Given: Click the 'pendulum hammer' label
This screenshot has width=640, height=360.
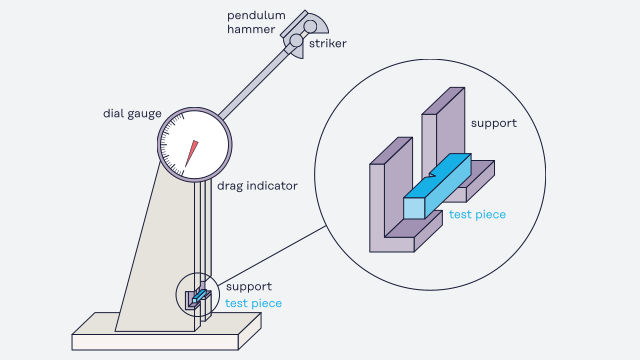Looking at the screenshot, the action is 256,22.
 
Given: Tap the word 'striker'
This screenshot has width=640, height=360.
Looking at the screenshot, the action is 327,44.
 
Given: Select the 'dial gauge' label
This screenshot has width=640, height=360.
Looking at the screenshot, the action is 132,114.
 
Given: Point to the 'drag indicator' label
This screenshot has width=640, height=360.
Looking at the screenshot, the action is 257,186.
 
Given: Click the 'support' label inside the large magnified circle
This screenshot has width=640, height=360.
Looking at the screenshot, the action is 493,123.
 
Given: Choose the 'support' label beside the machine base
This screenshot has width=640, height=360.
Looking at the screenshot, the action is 249,287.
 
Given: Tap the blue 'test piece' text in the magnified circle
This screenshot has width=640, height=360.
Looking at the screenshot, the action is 477,215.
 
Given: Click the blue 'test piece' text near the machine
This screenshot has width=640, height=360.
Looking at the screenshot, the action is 253,303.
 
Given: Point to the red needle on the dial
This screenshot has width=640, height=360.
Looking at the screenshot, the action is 191,153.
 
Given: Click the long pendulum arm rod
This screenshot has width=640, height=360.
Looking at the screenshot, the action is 253,83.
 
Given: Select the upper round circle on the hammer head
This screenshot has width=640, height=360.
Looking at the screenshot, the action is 310,27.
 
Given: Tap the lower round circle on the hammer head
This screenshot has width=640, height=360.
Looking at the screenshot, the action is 296,41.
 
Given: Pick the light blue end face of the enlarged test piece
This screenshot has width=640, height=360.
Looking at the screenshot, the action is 414,209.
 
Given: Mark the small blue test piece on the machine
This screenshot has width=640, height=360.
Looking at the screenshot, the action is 199,296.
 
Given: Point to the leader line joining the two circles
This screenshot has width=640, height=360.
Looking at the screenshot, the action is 272,255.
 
